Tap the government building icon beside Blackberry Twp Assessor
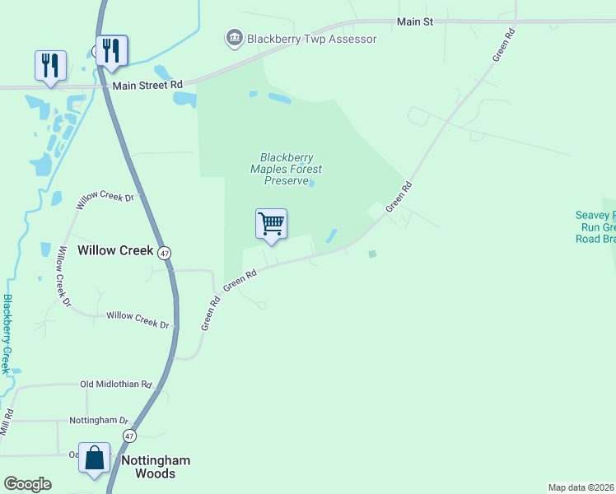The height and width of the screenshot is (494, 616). tap(234, 38)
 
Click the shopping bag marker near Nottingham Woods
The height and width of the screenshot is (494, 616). tap(94, 459)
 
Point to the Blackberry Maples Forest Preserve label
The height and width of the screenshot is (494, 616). tap(286, 169)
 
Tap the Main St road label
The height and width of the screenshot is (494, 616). tap(414, 21)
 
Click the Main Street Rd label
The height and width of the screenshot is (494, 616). tap(147, 85)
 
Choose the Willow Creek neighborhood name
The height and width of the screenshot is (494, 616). tap(115, 250)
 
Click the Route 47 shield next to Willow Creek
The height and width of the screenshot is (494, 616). tap(166, 253)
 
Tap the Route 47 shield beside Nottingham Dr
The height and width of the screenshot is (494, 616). tap(129, 435)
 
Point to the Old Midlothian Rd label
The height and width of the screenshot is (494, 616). tap(116, 384)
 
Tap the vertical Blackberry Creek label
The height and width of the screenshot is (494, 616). tap(8, 333)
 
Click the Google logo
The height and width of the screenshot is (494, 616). tap(27, 484)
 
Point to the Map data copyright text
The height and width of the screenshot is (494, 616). tap(581, 487)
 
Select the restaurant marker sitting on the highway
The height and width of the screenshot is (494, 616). tap(111, 51)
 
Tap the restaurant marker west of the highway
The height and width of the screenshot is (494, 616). tap(50, 66)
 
